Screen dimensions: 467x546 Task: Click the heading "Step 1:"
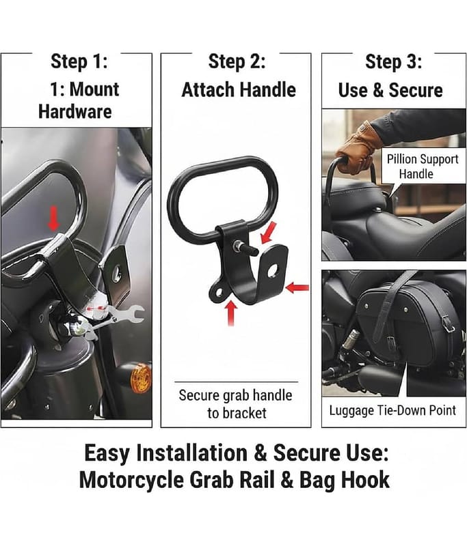[79, 61]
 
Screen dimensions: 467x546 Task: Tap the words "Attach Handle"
[239, 90]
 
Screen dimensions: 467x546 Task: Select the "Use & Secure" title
[390, 90]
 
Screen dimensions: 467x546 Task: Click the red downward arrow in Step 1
[53, 218]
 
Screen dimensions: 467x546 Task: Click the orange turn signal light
[141, 379]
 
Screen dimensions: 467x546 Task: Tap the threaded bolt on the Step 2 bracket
[246, 248]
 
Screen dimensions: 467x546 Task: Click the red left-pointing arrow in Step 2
[297, 288]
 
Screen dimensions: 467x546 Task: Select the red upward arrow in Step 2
[230, 313]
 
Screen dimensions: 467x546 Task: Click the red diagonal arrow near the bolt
[269, 233]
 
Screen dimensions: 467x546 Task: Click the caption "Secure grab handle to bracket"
[236, 404]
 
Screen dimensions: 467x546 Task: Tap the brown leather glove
[358, 147]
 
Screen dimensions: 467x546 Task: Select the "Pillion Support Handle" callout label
[423, 167]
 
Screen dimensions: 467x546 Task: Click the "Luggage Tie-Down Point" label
[392, 411]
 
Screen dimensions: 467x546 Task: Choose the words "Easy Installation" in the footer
[165, 453]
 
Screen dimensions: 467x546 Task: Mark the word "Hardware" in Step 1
[75, 112]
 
